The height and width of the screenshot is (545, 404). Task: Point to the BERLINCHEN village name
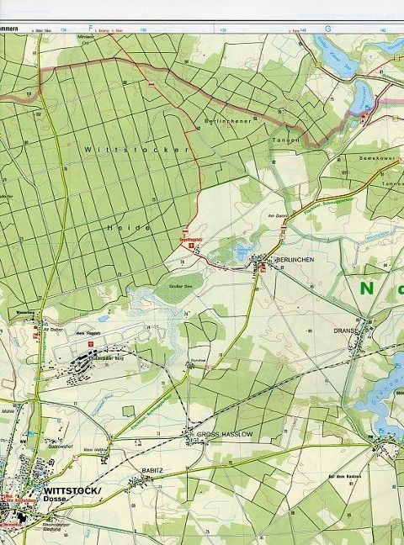(295, 260)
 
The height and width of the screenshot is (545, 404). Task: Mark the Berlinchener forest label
(229, 122)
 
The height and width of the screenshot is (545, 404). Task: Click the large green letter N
(367, 288)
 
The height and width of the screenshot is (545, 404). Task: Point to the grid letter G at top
(328, 28)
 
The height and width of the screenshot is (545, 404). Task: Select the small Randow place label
(199, 359)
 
